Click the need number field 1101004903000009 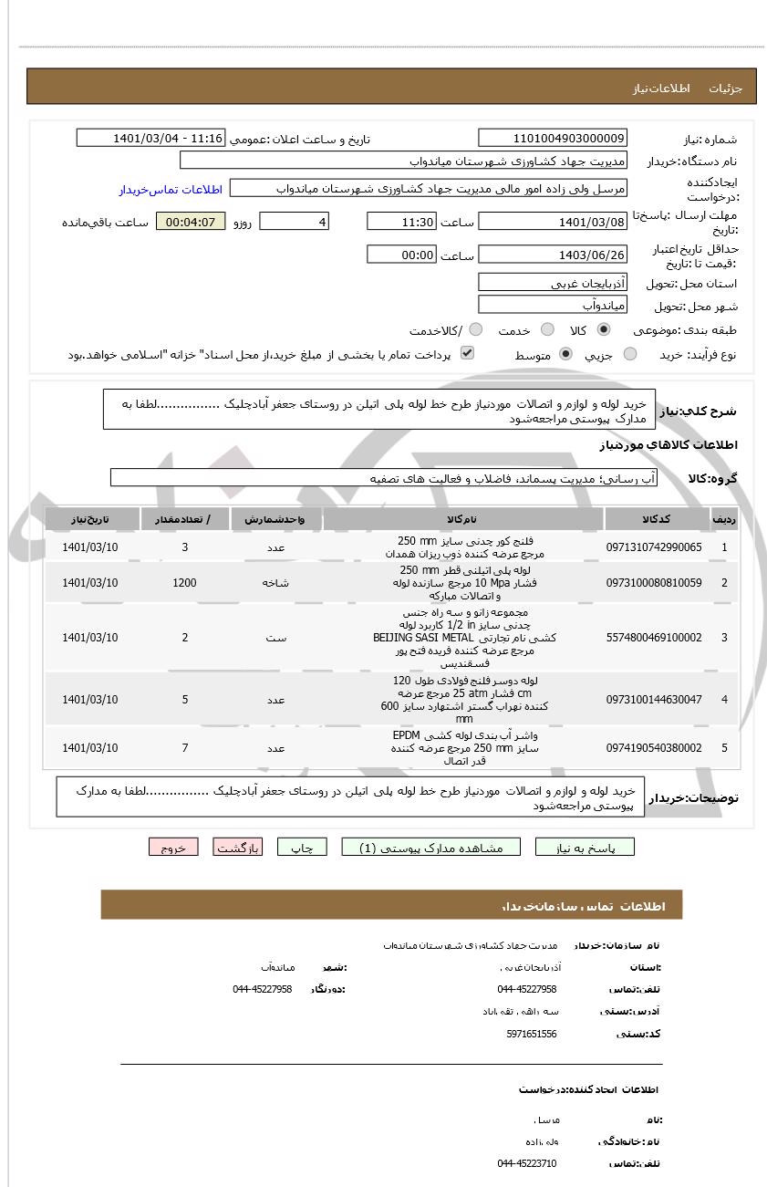tap(553, 138)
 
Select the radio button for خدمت tap(547, 329)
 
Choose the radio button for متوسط tap(565, 354)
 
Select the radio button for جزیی tap(630, 354)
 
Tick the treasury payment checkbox tap(467, 353)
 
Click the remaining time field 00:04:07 tap(191, 222)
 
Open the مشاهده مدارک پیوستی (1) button tap(430, 848)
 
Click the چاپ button tap(302, 848)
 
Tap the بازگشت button tap(238, 848)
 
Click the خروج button tap(173, 848)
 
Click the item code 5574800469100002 tap(654, 638)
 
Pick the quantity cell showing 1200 tap(184, 583)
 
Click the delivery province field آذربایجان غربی tap(553, 283)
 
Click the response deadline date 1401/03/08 tap(553, 222)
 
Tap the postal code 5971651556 tap(531, 1034)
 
